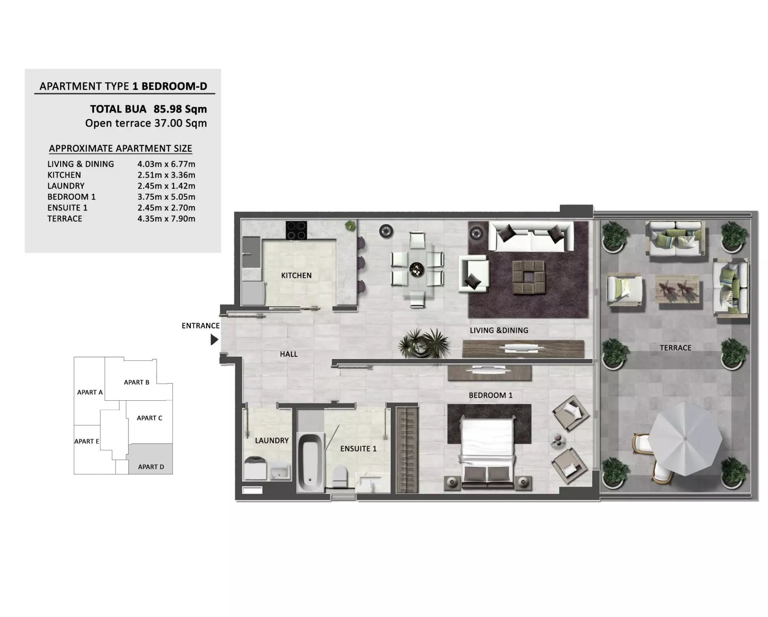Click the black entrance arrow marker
coord(214,340)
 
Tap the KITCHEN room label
coord(296,276)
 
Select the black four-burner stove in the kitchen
coord(296,230)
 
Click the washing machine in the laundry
coord(255,469)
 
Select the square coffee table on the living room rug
coord(528,277)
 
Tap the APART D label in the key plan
coord(151,467)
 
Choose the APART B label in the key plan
coord(137,382)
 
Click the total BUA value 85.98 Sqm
coord(180,109)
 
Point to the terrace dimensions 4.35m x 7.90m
coord(166,219)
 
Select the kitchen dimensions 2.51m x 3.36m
coord(166,175)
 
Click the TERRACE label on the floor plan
coord(675,348)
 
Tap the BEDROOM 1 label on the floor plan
coord(490,395)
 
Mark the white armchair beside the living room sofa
coord(473,273)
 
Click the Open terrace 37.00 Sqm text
coord(146,123)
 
